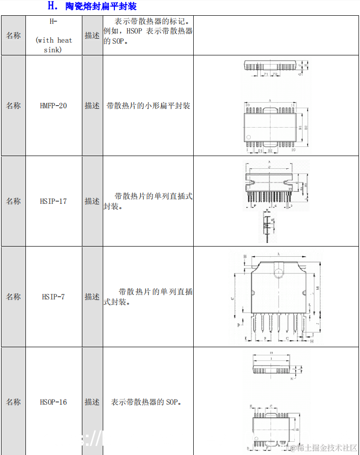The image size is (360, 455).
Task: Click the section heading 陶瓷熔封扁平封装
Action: (x=101, y=7)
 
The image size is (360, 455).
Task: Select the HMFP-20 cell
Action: (x=53, y=106)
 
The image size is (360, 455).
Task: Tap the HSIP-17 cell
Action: (x=53, y=201)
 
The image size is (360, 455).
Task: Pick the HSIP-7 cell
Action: (x=53, y=296)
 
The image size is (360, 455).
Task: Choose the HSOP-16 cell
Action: (x=53, y=402)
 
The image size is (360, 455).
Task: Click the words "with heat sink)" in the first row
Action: (x=54, y=45)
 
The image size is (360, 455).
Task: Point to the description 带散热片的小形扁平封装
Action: (x=148, y=106)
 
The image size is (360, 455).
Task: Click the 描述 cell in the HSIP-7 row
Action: (x=92, y=296)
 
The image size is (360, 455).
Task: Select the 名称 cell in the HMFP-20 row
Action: (x=13, y=106)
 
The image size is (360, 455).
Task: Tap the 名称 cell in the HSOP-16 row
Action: (x=13, y=402)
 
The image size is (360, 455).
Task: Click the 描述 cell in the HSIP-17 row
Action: (x=92, y=201)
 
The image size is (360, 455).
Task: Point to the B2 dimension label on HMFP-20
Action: (x=306, y=127)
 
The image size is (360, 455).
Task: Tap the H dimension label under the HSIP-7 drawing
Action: (x=312, y=342)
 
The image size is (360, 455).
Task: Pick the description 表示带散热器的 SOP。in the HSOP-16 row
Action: (x=146, y=402)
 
